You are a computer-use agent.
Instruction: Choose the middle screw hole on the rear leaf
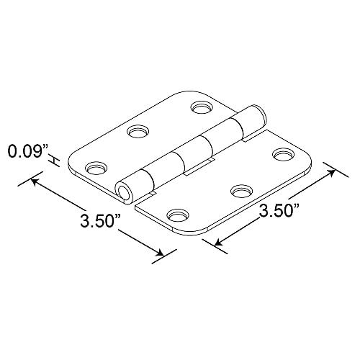coord(137,132)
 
